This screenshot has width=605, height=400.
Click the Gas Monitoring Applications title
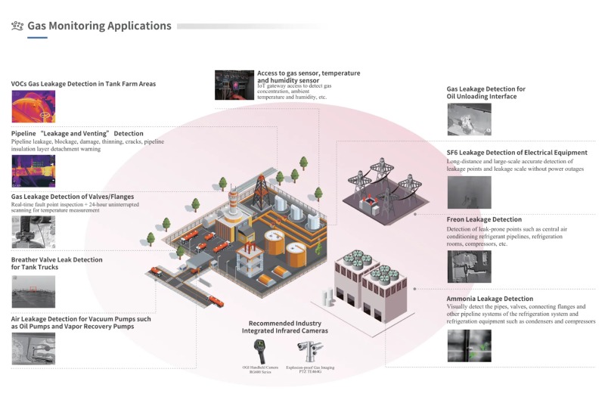tap(99, 26)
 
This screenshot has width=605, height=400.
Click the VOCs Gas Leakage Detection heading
tap(83, 84)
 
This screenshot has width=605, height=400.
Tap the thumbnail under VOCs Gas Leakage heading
tap(33, 107)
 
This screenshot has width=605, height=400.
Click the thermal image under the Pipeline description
tap(33, 171)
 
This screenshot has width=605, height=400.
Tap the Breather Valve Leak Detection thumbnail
tap(33, 291)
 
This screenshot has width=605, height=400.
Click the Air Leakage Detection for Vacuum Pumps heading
tap(82, 320)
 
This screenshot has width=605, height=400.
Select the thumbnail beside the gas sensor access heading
tap(234, 85)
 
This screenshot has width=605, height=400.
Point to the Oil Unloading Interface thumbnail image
tap(469, 119)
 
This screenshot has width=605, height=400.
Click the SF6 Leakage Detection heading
tap(517, 152)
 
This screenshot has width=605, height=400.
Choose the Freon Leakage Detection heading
tap(484, 219)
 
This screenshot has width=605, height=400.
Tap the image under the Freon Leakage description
tap(469, 266)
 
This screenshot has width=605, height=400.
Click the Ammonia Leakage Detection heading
tap(489, 299)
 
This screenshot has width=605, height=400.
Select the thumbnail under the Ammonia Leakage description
tap(469, 346)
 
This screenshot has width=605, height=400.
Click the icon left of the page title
tap(17, 26)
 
